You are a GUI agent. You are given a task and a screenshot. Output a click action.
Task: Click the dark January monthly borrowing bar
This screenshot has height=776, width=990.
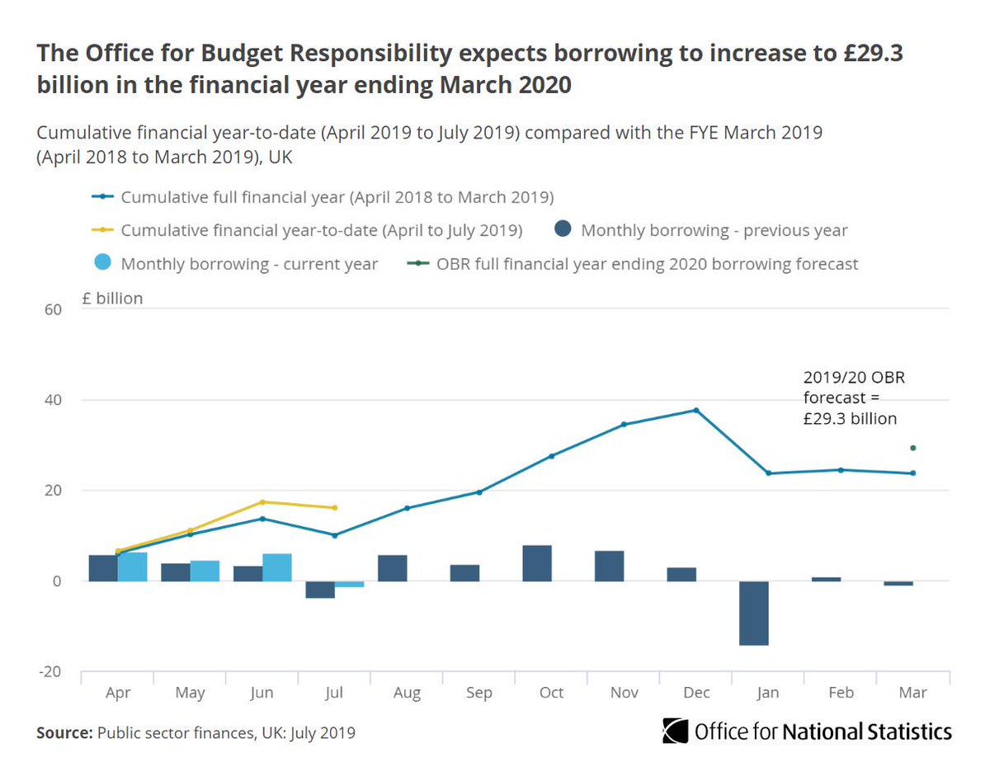coord(754,613)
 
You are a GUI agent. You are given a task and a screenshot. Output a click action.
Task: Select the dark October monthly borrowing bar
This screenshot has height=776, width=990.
coord(537,563)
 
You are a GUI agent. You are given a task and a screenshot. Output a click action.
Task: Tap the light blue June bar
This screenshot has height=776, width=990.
coord(277,567)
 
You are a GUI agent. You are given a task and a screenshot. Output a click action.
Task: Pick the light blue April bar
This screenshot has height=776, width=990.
coord(133,567)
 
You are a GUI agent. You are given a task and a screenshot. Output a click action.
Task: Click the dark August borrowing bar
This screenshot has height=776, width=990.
coord(392,568)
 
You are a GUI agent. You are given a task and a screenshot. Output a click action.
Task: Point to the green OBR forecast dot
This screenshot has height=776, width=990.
coord(912,448)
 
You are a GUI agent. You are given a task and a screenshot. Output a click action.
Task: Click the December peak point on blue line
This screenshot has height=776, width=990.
coord(696,410)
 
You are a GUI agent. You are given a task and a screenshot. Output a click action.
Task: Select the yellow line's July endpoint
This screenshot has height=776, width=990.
coord(334,508)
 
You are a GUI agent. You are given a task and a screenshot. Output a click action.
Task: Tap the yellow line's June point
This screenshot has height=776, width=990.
coord(262,502)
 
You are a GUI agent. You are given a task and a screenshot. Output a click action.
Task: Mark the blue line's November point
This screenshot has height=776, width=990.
coord(624,425)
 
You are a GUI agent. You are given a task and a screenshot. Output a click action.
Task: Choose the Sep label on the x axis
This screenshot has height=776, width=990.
coord(479,693)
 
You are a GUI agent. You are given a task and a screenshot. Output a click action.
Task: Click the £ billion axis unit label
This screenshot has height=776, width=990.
coord(112,299)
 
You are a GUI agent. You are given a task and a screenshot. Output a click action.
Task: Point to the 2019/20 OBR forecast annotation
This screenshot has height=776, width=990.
coord(850,397)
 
